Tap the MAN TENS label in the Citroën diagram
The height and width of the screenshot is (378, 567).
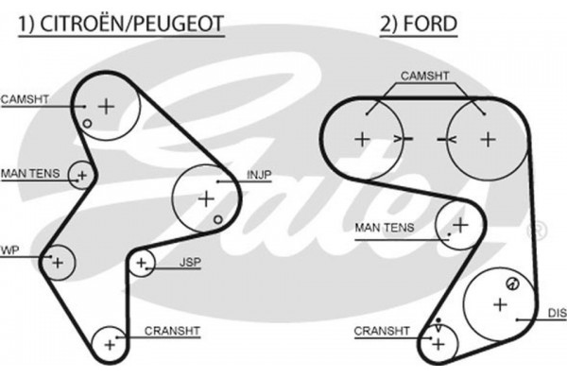pyautogui.click(x=30, y=172)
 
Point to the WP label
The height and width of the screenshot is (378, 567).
pyautogui.click(x=9, y=250)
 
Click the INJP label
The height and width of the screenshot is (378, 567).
pyautogui.click(x=260, y=175)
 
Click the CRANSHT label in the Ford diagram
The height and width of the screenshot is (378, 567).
pyautogui.click(x=382, y=331)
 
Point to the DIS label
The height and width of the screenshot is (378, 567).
pyautogui.click(x=556, y=312)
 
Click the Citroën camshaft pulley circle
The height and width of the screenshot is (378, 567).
pyautogui.click(x=106, y=106)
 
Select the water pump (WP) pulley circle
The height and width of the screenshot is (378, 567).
pyautogui.click(x=57, y=260)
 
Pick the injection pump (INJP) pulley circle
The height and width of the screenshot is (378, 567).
pyautogui.click(x=206, y=198)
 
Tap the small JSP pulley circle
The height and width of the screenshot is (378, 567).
pyautogui.click(x=143, y=262)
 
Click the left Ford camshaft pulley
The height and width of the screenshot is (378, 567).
pyautogui.click(x=362, y=138)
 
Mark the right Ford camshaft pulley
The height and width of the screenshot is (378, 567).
pyautogui.click(x=486, y=138)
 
